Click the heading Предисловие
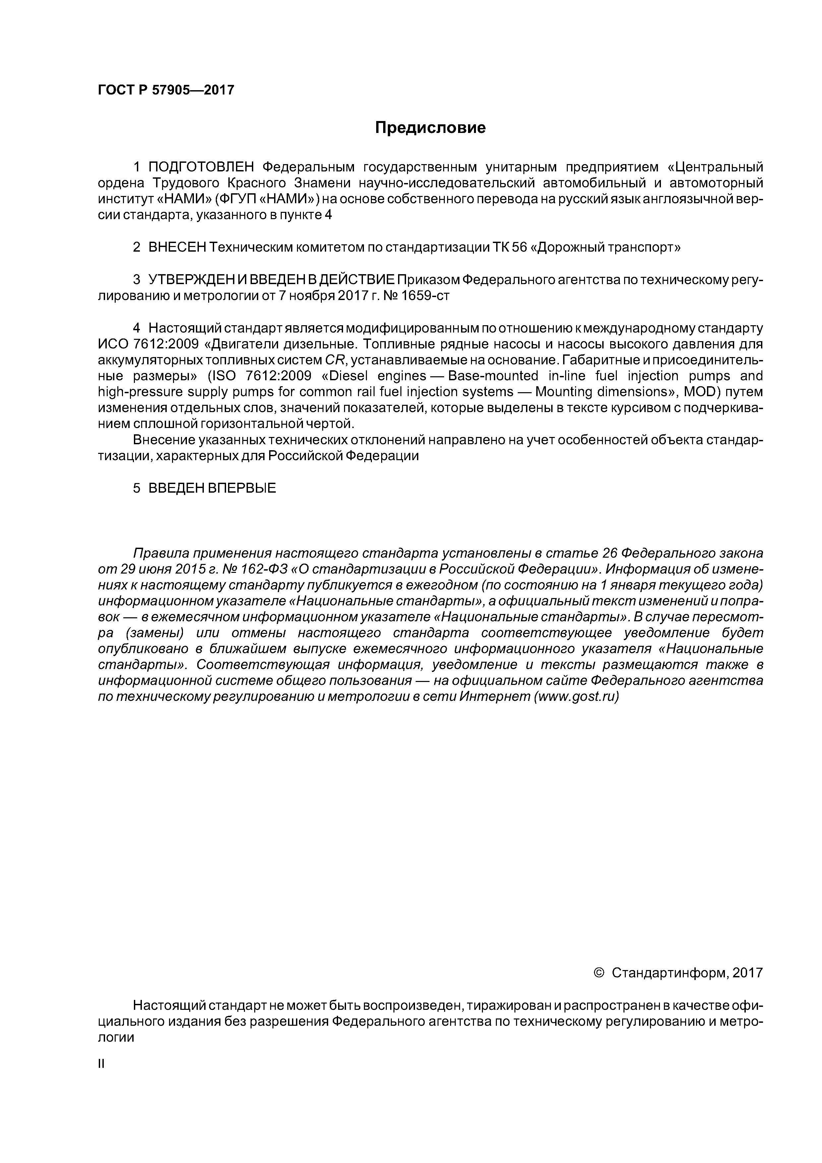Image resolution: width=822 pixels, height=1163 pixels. pos(430,128)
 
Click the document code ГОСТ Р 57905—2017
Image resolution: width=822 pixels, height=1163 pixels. pos(166,90)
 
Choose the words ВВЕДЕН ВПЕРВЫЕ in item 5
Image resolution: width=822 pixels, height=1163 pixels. pos(212,488)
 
